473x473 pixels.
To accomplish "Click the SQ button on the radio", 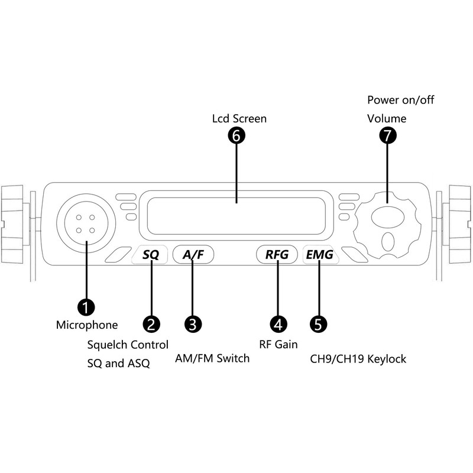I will pyautogui.click(x=151, y=255).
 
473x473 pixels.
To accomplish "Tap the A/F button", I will pyautogui.click(x=193, y=255).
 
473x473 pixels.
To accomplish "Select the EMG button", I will pyautogui.click(x=319, y=255).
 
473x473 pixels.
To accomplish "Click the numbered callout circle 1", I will pyautogui.click(x=86, y=306).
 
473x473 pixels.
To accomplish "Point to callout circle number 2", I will pyautogui.click(x=151, y=323).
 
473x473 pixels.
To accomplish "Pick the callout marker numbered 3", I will pyautogui.click(x=193, y=323).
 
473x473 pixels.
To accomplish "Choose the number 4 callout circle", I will pyautogui.click(x=278, y=323).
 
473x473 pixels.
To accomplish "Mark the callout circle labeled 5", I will pyautogui.click(x=319, y=323).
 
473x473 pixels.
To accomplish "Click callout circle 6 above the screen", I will pyautogui.click(x=237, y=135).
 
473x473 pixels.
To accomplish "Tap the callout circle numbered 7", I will pyautogui.click(x=387, y=135).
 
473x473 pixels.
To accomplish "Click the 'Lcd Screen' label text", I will pyautogui.click(x=239, y=119).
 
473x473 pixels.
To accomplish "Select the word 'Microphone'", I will pyautogui.click(x=87, y=325).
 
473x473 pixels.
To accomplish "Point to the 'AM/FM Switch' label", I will pyautogui.click(x=212, y=358).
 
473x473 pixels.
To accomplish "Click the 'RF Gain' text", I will pyautogui.click(x=278, y=344).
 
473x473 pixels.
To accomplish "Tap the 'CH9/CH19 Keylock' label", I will pyautogui.click(x=358, y=359).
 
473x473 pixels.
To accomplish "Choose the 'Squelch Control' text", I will pyautogui.click(x=128, y=345).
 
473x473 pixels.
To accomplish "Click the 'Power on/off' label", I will pyautogui.click(x=400, y=100).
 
